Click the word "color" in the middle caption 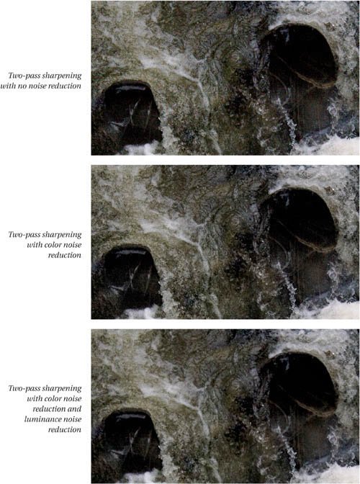click(53, 245)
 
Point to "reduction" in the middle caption click(65, 255)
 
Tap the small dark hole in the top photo click(131, 112)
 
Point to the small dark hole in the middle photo click(131, 277)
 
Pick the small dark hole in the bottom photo click(131, 441)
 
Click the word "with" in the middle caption click(35, 245)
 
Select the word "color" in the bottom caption click(53, 398)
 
